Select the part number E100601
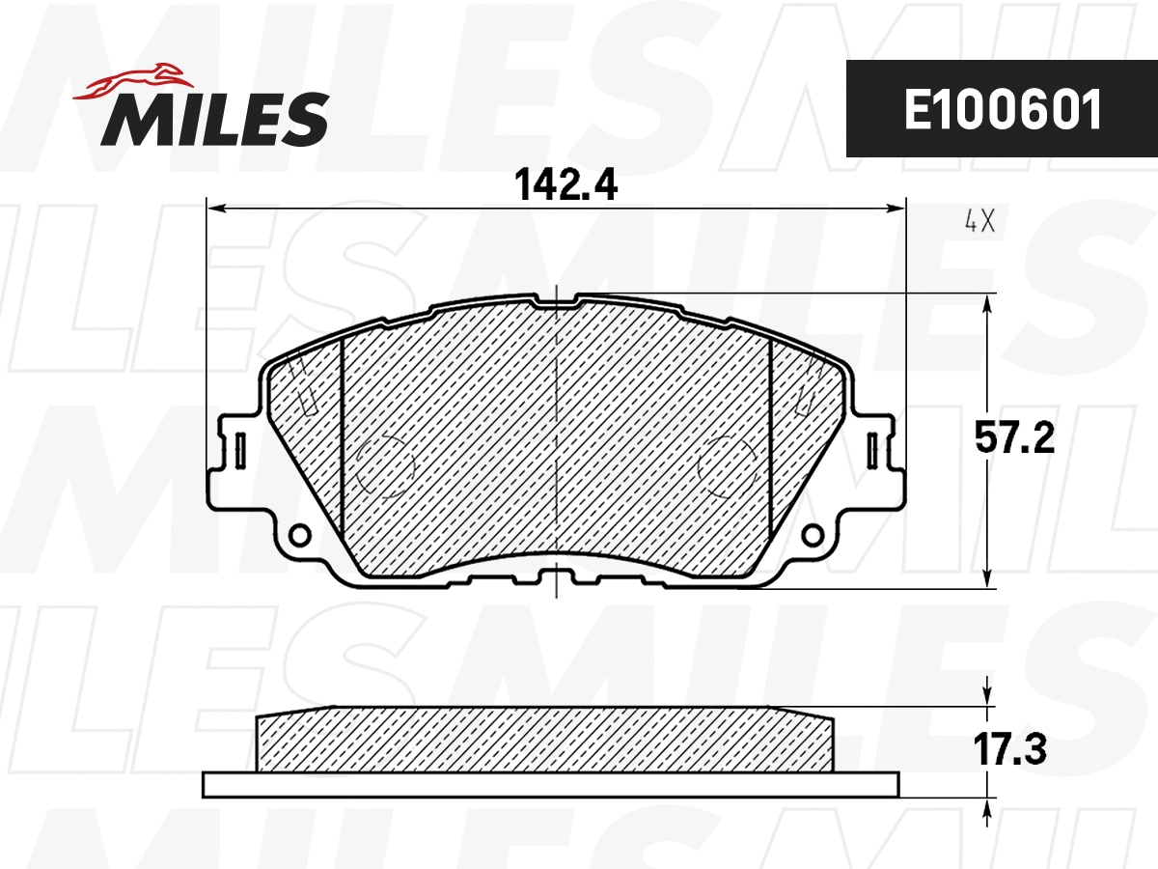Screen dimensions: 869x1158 coord(1002,110)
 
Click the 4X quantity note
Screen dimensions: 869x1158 coord(979,223)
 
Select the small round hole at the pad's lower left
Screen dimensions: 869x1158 coord(300,534)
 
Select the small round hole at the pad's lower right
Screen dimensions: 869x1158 coord(813,534)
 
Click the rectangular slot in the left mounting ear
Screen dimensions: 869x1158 coord(240,450)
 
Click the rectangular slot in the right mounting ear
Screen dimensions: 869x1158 coord(873,450)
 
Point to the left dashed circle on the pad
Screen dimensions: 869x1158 coord(385,467)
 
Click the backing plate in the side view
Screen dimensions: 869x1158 coord(550,784)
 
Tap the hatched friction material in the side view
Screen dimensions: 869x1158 coord(545,741)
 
